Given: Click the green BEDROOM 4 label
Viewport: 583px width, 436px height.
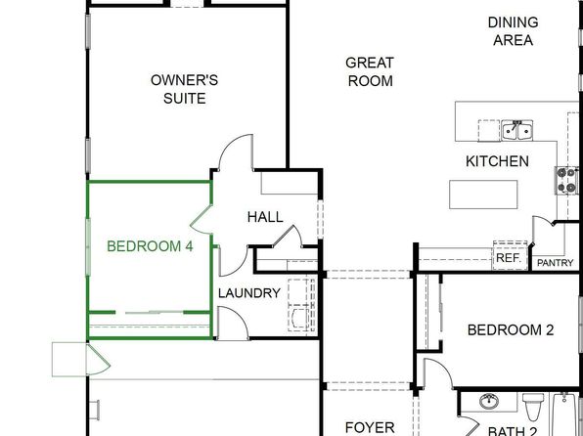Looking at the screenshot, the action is tap(150, 246).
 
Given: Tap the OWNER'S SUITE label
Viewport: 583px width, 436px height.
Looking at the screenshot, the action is tap(185, 89).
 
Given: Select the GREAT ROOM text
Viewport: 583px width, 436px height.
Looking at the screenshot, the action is tap(370, 71).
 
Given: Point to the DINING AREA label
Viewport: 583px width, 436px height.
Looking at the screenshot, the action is tap(514, 31).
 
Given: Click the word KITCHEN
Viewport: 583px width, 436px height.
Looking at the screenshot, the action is tap(497, 161).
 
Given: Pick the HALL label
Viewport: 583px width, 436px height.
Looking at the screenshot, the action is tap(265, 217).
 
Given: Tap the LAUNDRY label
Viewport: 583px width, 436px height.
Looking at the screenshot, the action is tap(249, 293).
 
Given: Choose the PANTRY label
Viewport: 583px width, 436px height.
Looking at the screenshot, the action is tap(555, 263).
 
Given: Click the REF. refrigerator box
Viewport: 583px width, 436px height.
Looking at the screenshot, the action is tap(511, 256).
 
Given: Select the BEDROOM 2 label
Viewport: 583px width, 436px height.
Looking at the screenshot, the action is tap(511, 329).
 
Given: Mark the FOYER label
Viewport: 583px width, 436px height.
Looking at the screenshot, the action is tap(370, 427).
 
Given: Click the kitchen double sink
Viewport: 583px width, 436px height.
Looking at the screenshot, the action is tap(516, 130).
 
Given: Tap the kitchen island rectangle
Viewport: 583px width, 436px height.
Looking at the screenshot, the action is tap(483, 195).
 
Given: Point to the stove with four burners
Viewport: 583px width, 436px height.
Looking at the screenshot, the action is tap(567, 181).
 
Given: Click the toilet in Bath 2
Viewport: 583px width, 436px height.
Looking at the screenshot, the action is tap(533, 407).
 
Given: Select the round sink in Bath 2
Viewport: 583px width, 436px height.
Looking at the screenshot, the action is tap(489, 401).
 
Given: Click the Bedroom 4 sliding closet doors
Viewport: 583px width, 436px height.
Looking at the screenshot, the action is tap(150, 312).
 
